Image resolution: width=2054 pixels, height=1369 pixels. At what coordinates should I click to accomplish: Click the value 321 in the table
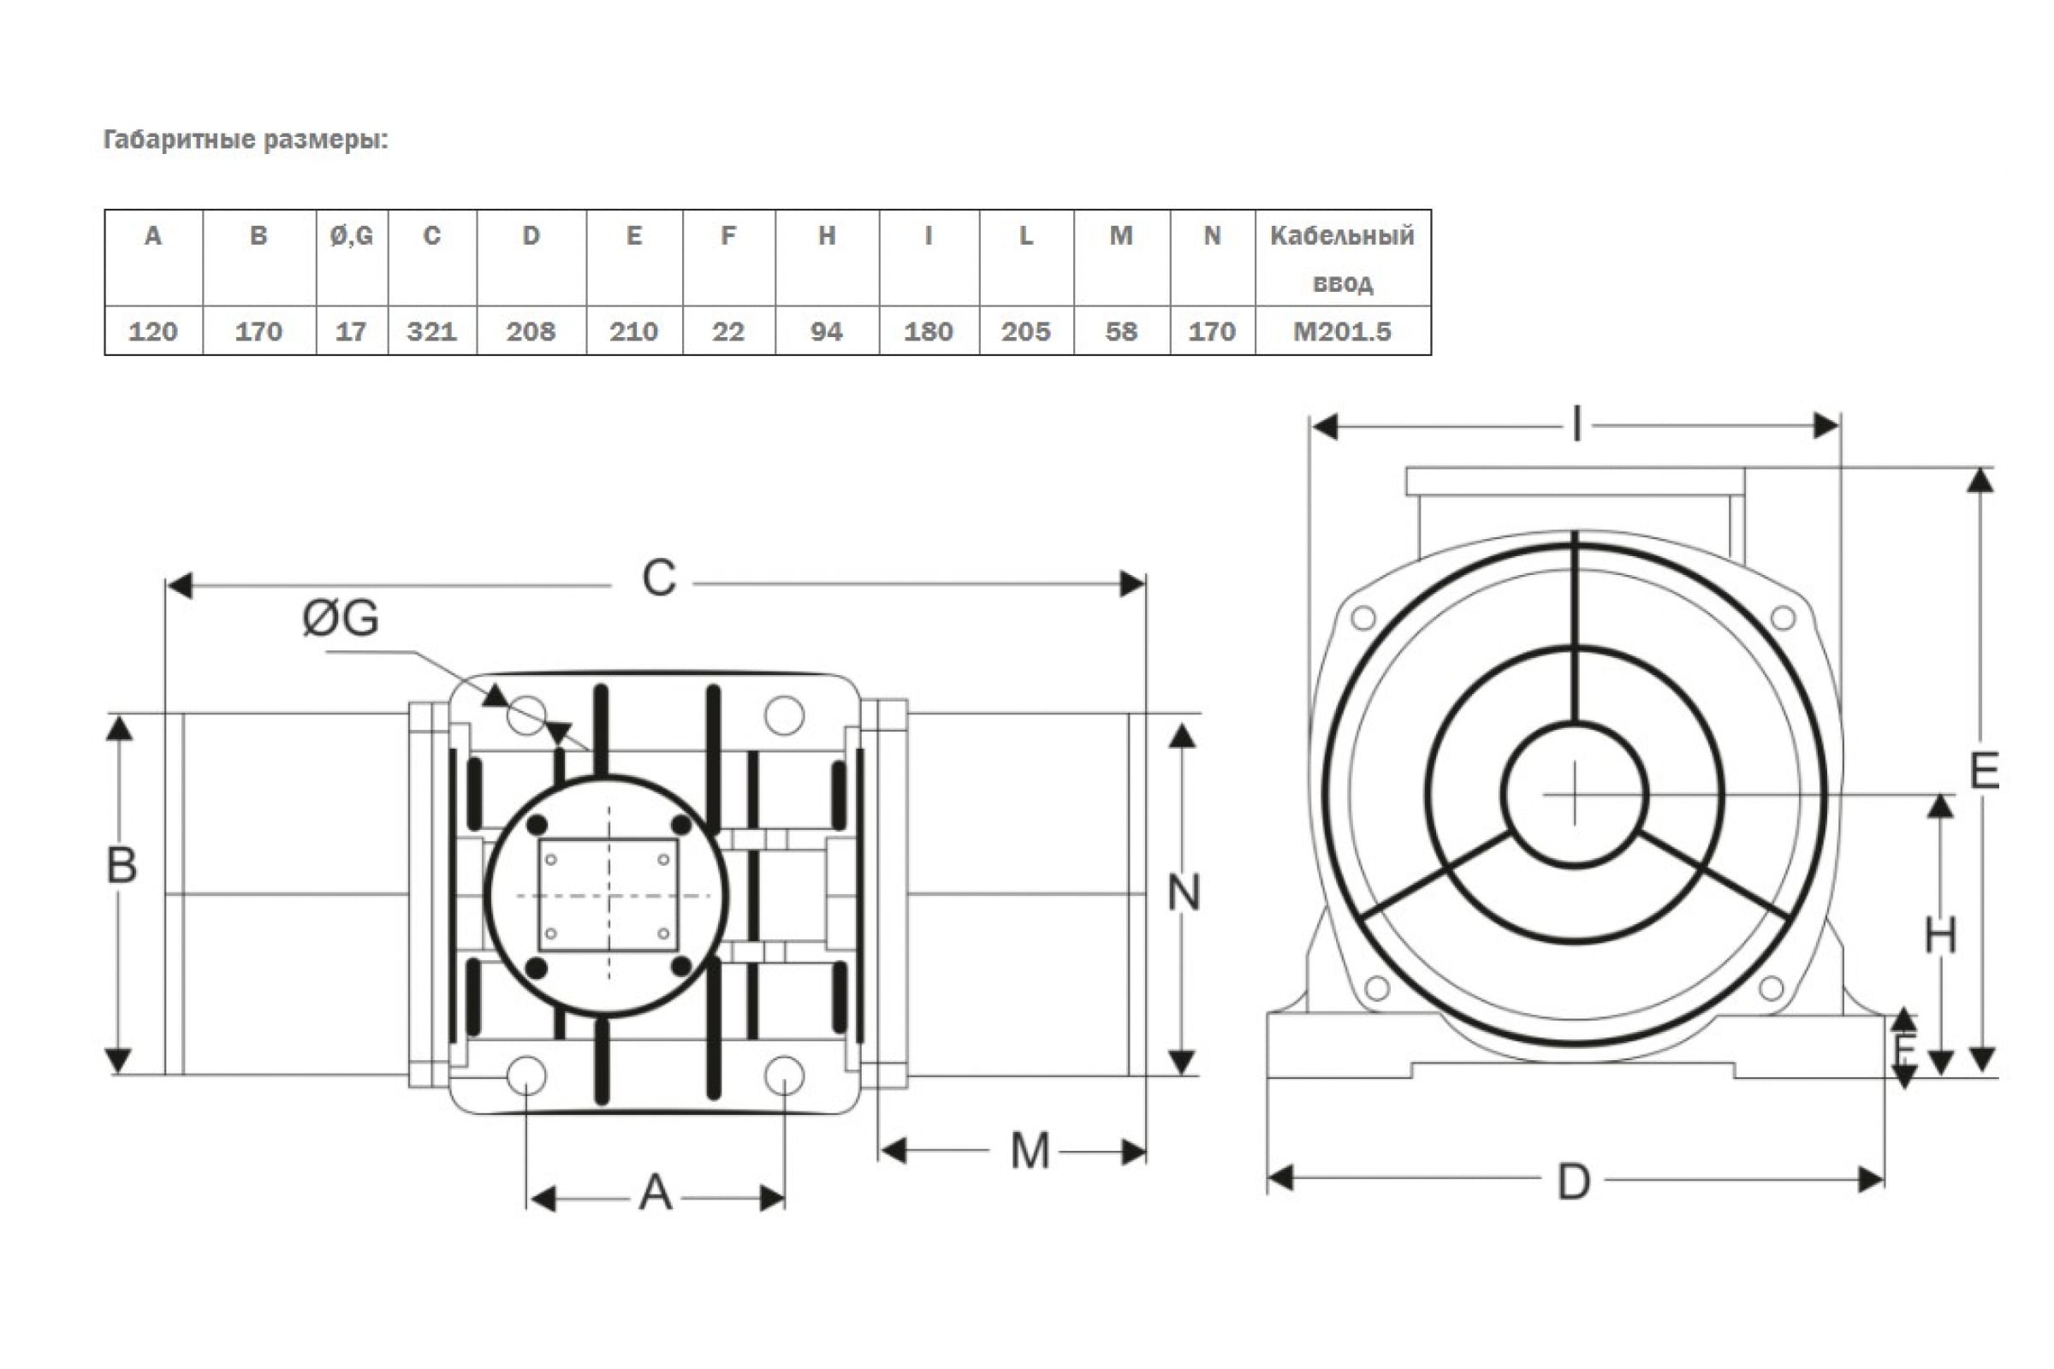click(x=431, y=332)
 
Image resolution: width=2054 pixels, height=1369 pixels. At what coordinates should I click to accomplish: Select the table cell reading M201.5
click(x=1341, y=332)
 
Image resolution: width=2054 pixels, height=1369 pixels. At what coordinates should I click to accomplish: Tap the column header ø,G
click(x=351, y=236)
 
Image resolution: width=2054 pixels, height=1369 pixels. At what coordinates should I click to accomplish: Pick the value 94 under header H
click(x=826, y=332)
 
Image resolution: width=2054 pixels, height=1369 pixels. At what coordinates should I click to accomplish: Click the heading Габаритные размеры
click(x=246, y=139)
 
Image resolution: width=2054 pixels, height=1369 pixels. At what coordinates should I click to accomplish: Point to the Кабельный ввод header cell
click(x=1341, y=258)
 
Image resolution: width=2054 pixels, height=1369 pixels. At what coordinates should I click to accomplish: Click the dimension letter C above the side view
click(x=658, y=578)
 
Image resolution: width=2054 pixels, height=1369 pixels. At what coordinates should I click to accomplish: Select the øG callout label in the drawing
click(x=340, y=618)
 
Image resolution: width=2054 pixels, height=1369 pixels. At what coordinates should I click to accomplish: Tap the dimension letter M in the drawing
click(x=1030, y=1151)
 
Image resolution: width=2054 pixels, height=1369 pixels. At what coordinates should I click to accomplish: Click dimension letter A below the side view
click(x=655, y=1194)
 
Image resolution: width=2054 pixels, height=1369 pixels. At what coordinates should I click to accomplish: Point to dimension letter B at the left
click(x=122, y=866)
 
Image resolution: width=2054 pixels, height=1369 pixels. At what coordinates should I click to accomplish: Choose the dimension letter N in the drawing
click(x=1184, y=893)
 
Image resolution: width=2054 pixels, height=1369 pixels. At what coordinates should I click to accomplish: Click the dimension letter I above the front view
click(x=1576, y=426)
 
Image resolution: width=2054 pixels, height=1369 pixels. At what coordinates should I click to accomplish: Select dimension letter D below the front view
click(x=1574, y=1183)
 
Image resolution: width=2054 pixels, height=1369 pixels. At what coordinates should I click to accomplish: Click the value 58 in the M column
click(x=1121, y=332)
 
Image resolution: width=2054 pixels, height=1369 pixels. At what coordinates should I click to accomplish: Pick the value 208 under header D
click(x=531, y=332)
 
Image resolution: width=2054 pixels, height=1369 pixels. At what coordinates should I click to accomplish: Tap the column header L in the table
click(x=1026, y=236)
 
